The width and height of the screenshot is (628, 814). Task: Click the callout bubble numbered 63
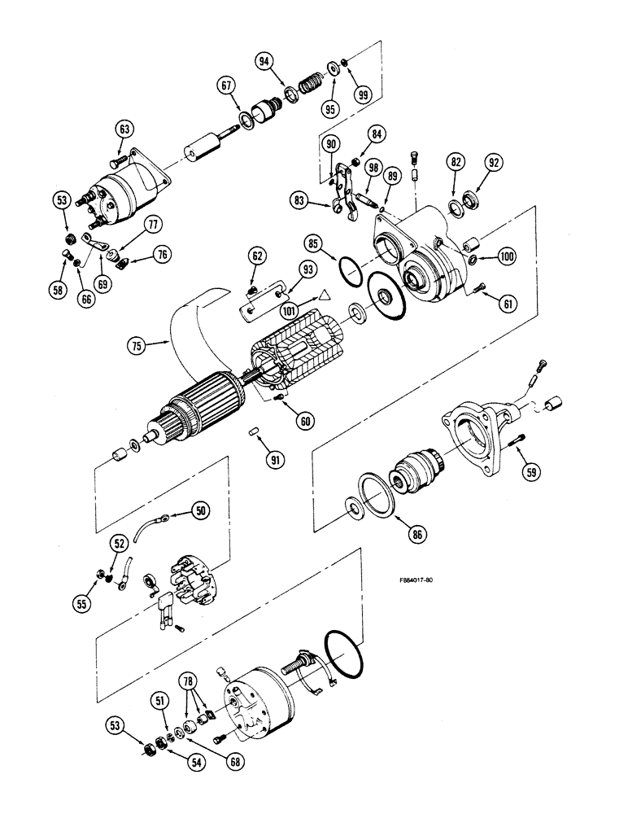124,130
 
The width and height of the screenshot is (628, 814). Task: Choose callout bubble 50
201,510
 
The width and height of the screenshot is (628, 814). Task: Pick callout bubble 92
493,161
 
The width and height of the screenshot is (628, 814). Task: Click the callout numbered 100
507,257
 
